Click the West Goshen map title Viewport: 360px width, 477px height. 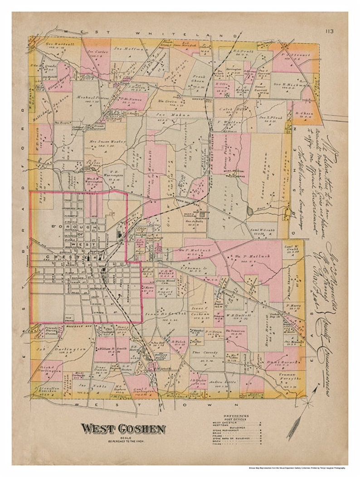point(123,428)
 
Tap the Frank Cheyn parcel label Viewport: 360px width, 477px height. point(199,77)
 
